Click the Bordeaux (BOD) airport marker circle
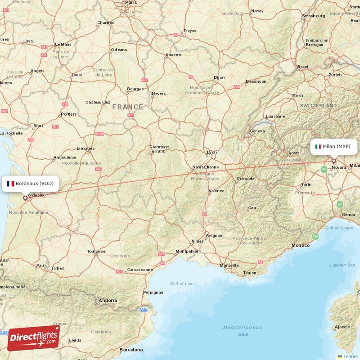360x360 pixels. (x=25, y=197)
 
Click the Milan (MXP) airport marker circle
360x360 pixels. (x=333, y=161)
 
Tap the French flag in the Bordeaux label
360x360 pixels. (x=10, y=183)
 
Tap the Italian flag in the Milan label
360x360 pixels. (x=318, y=146)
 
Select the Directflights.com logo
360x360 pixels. (x=33, y=338)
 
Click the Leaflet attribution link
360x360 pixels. (x=350, y=356)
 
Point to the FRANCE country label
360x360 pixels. (x=128, y=107)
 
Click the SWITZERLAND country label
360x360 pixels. (x=318, y=105)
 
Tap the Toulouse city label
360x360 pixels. (x=96, y=251)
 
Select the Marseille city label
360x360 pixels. (x=229, y=265)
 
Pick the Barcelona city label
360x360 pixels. (x=131, y=350)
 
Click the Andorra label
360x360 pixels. (x=108, y=300)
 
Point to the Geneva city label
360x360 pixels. (x=257, y=131)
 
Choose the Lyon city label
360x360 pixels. (x=211, y=152)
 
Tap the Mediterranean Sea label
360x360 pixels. (x=243, y=331)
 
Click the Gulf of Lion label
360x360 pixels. (x=182, y=283)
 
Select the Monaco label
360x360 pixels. (x=301, y=245)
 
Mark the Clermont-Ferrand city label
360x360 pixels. (x=160, y=149)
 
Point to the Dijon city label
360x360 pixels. (x=219, y=77)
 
